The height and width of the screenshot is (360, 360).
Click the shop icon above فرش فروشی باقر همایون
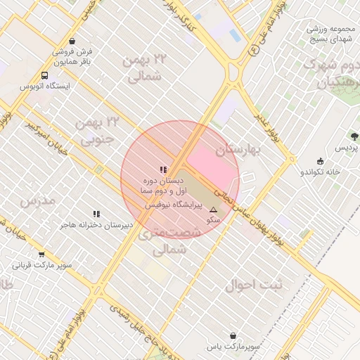click(74, 41)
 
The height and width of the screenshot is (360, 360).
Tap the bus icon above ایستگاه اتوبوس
click(45, 75)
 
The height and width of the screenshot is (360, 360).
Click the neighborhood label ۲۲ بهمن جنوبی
click(97, 131)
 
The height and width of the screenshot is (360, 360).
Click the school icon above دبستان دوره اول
click(163, 169)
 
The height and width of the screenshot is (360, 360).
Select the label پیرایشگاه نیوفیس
click(174, 205)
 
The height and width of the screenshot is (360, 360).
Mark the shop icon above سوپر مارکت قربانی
click(41, 255)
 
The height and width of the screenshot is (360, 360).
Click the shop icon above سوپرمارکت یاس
click(233, 336)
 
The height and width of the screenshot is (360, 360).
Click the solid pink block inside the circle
click(211, 165)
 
